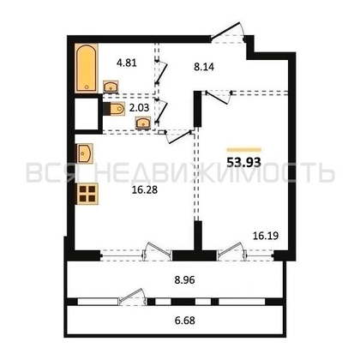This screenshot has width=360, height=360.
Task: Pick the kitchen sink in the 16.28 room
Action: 85,154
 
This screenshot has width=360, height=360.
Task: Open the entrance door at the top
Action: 230,35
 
